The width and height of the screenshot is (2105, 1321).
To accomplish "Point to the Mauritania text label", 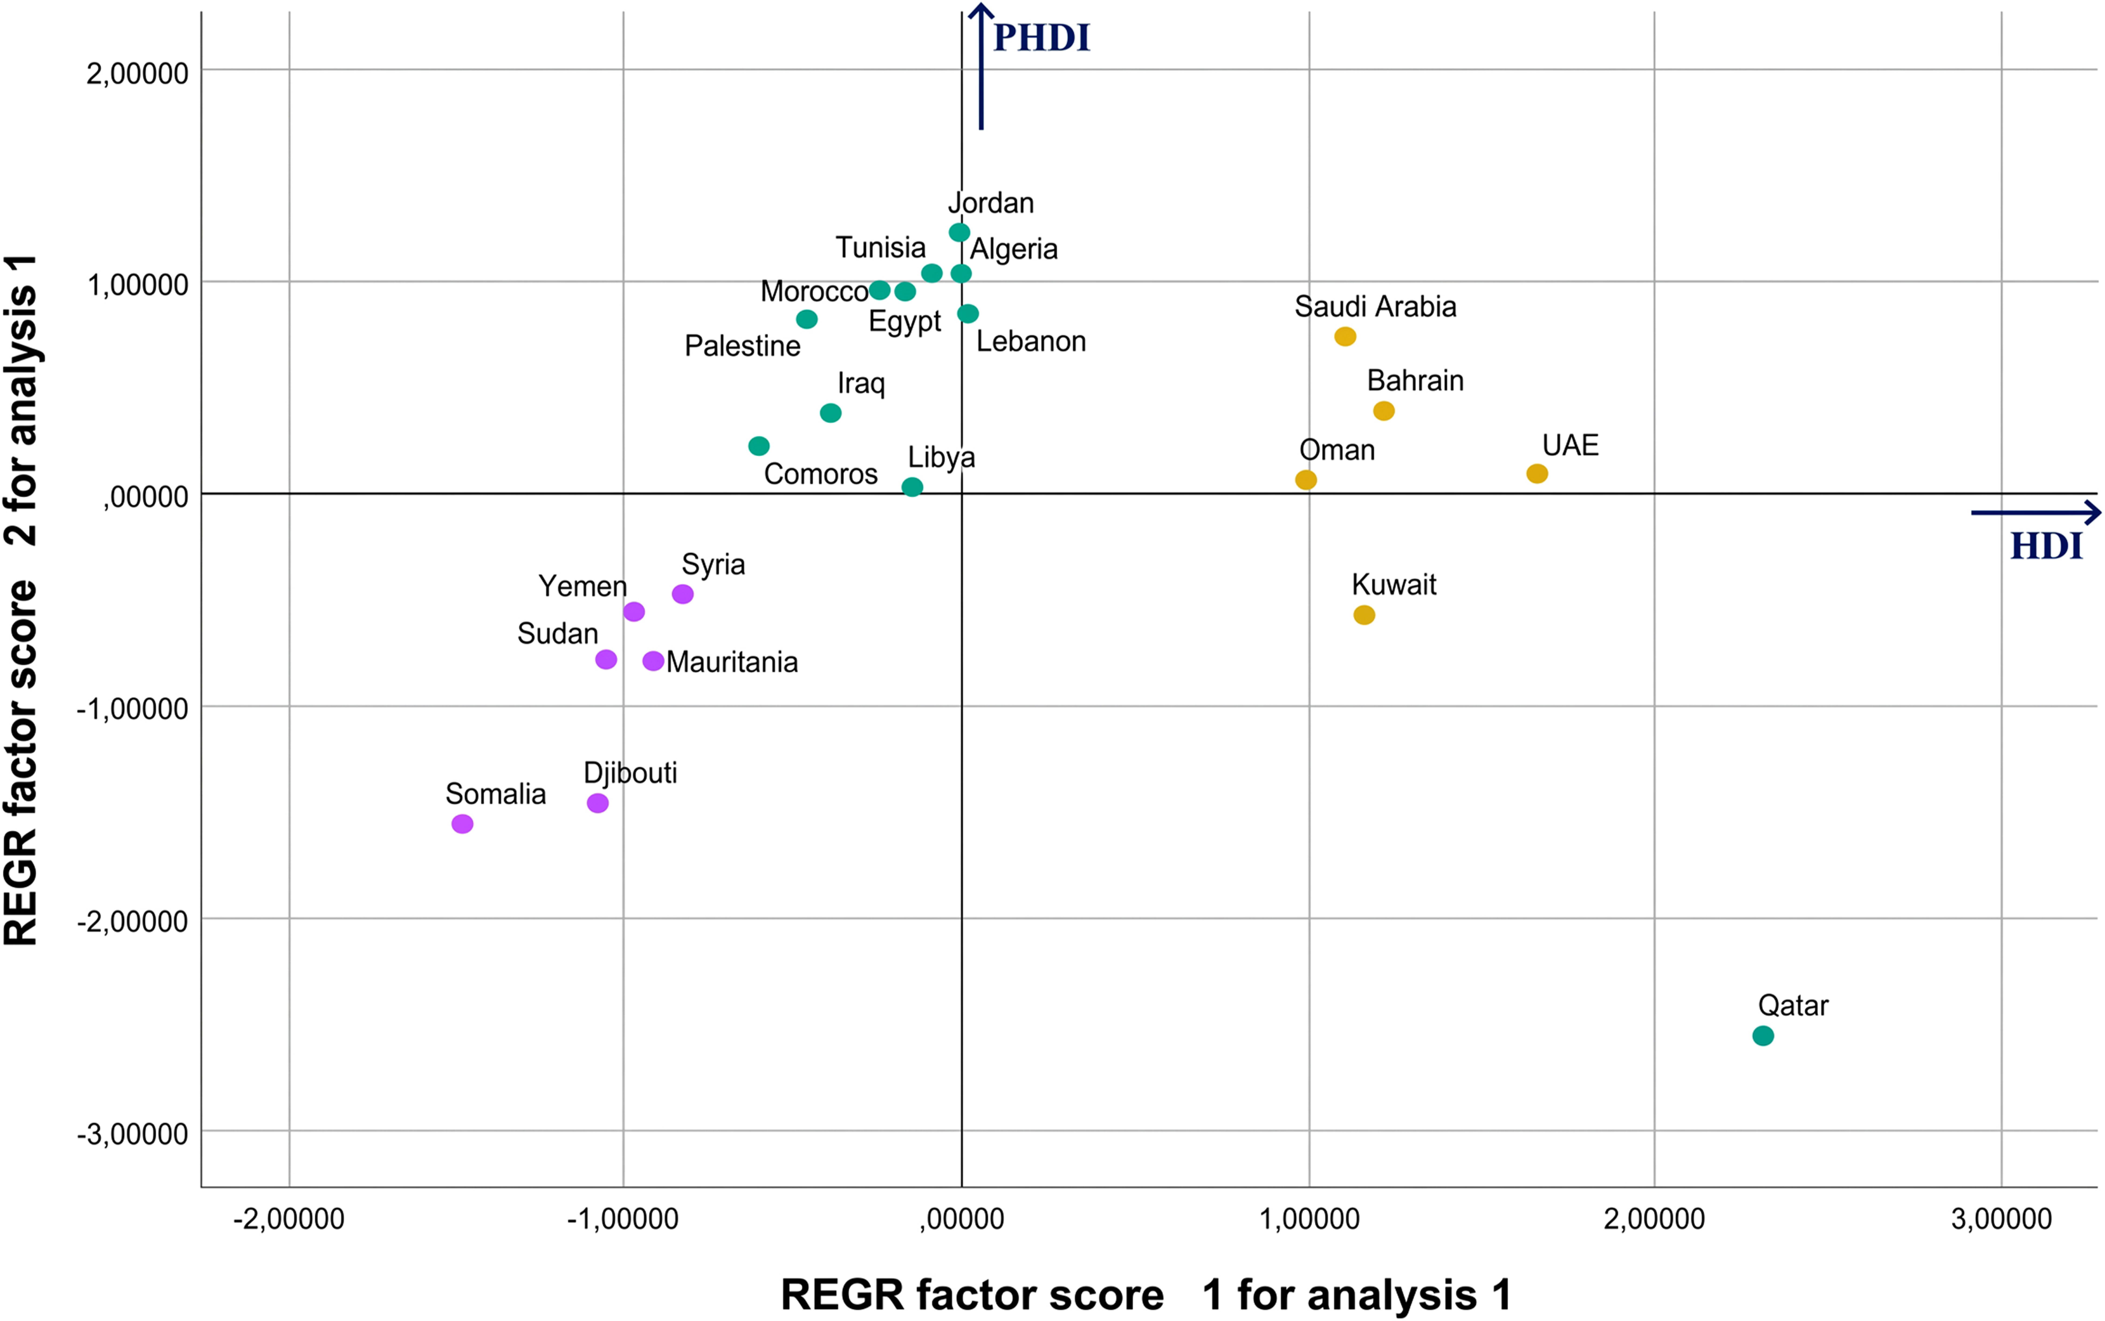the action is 732,662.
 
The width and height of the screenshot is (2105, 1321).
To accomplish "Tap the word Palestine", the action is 742,346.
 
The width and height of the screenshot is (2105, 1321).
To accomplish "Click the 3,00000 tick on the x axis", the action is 2001,1219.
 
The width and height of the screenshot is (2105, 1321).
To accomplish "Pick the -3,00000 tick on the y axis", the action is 133,1134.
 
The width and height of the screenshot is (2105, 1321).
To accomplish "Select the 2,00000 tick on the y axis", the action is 137,73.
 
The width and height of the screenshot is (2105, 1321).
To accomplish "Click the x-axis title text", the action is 1146,1294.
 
